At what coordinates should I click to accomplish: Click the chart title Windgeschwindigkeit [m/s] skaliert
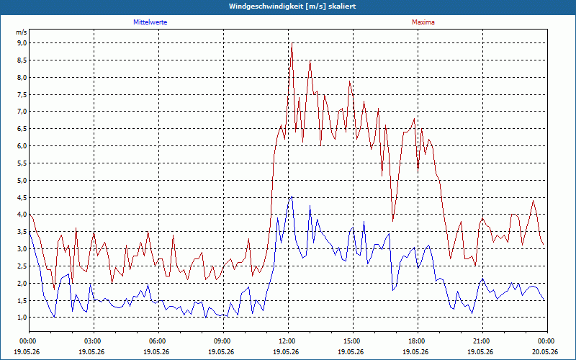click(x=292, y=6)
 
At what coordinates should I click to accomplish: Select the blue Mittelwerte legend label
click(x=150, y=22)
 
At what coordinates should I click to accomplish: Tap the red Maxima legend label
click(x=423, y=22)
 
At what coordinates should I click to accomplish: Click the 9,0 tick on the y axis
click(x=22, y=43)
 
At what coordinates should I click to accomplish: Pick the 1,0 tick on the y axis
click(x=22, y=318)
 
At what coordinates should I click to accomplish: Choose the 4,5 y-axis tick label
click(x=22, y=197)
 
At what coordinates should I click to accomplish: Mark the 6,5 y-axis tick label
click(x=22, y=129)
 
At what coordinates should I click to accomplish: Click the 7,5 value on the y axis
click(x=22, y=94)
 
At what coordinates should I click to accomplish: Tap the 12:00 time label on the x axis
click(x=289, y=341)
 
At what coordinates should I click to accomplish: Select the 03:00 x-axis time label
click(x=94, y=341)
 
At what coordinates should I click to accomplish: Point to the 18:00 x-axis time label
click(x=418, y=341)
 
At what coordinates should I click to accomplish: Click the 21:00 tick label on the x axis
click(x=482, y=341)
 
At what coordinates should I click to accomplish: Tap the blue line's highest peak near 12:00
click(x=292, y=197)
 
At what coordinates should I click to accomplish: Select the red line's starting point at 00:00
click(x=30, y=215)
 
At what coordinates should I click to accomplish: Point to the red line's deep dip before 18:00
click(x=392, y=221)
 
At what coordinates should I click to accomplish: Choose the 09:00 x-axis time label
click(x=224, y=341)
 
